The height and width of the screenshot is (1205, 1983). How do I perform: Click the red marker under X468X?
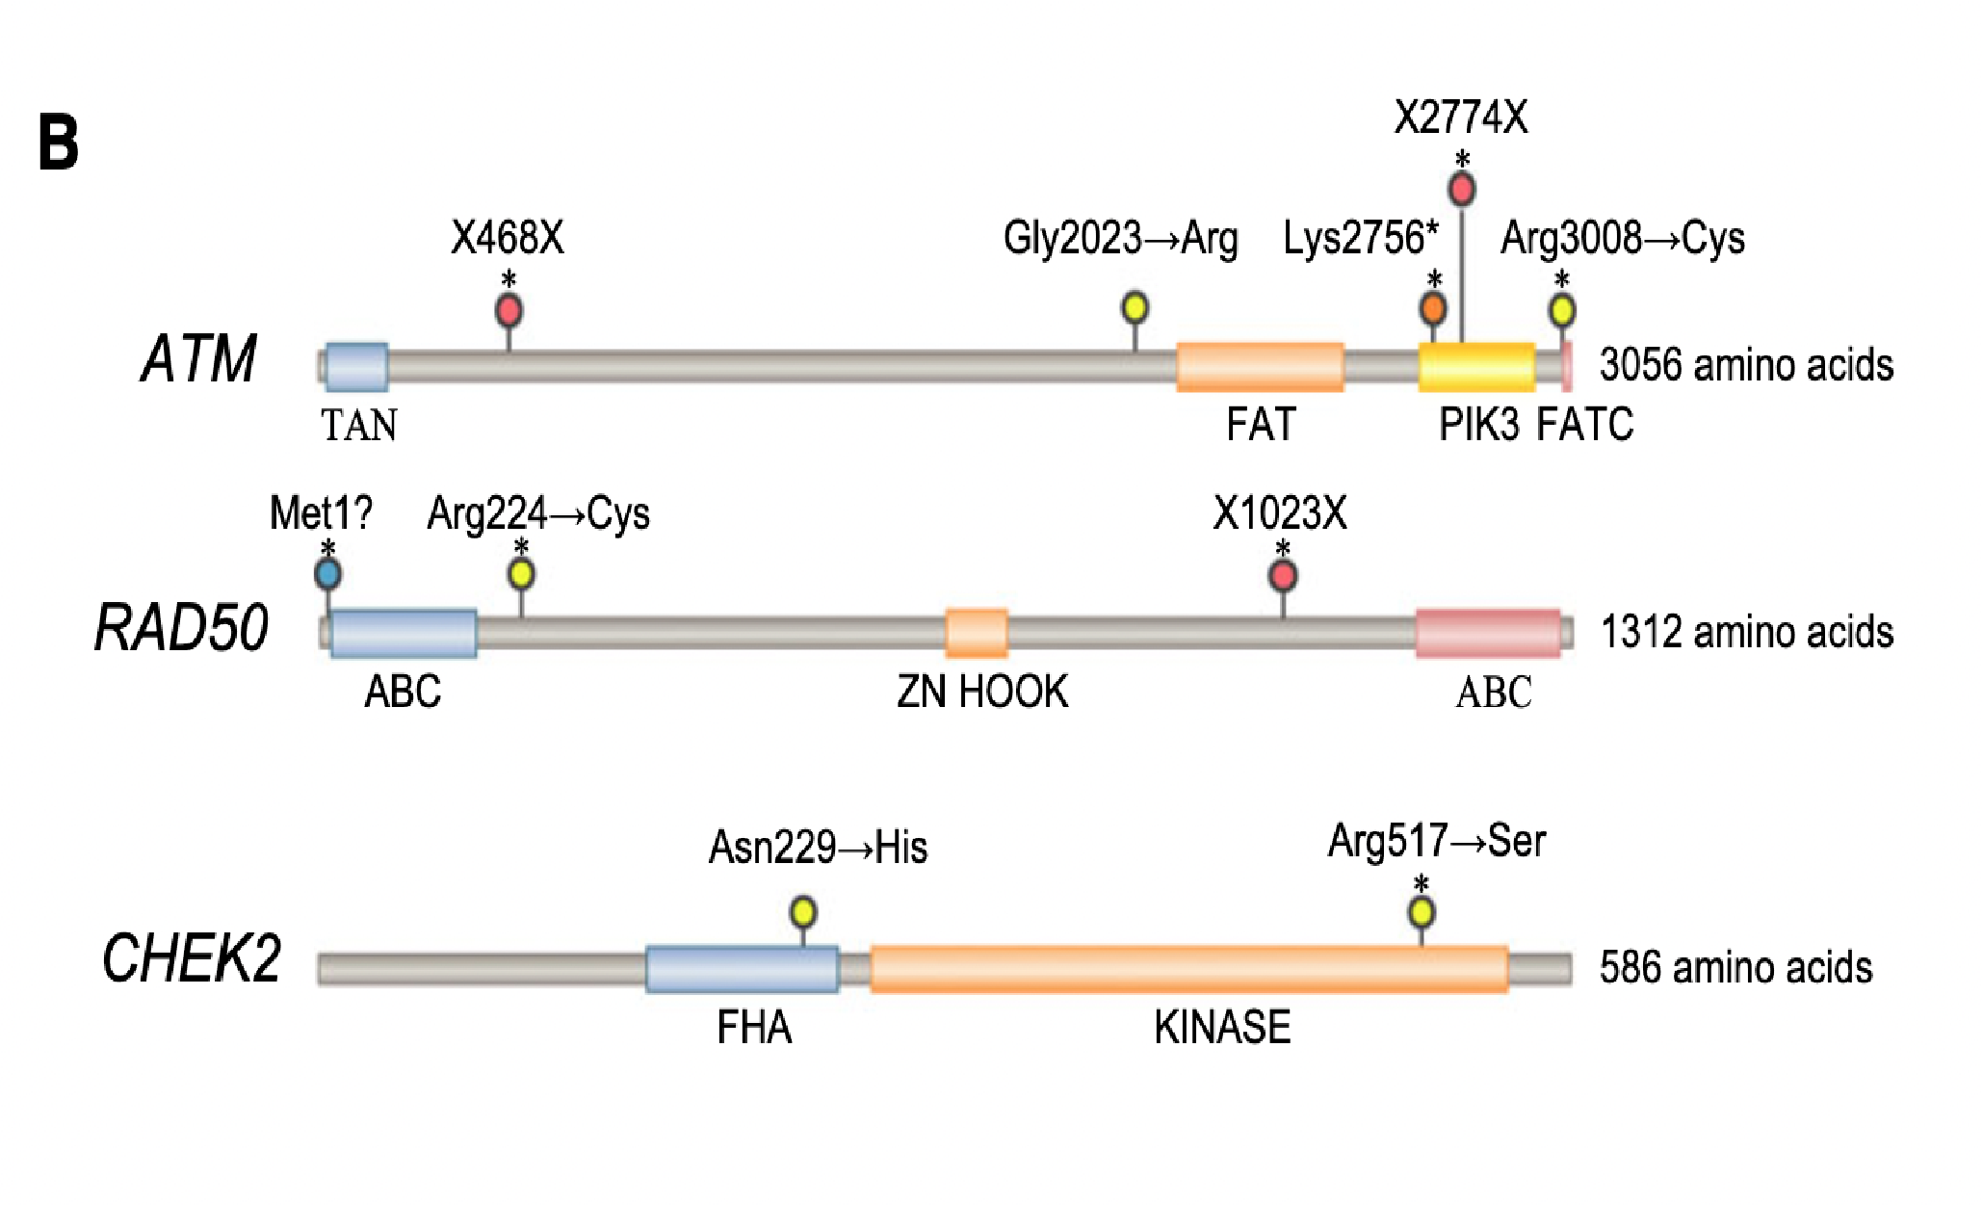tap(509, 311)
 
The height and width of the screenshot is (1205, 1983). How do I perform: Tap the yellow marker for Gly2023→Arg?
tap(1135, 307)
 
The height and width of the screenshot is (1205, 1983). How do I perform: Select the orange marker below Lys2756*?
tap(1433, 308)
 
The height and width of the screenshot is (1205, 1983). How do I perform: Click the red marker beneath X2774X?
tap(1462, 189)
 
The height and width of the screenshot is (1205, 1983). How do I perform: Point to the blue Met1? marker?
tap(327, 574)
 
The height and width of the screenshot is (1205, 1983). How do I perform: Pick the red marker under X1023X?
tap(1282, 576)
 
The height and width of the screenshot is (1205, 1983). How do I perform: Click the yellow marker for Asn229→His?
tap(803, 911)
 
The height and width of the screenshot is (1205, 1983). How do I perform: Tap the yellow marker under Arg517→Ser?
tap(1422, 911)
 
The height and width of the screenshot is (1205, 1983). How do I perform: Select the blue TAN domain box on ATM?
tap(356, 367)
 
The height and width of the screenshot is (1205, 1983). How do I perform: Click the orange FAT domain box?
tap(1260, 367)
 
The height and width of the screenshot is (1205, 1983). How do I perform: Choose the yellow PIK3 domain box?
tap(1476, 367)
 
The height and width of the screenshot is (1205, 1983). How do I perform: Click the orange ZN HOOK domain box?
tap(977, 633)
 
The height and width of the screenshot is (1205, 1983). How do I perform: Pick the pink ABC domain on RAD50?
tap(1488, 633)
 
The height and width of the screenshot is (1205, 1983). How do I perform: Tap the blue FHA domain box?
tap(742, 969)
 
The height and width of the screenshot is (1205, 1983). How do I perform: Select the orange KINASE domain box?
tap(1188, 969)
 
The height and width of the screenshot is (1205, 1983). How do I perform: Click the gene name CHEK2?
tap(191, 959)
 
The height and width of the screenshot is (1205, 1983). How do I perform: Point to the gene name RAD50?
tap(181, 628)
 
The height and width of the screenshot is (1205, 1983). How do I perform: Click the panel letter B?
tap(58, 144)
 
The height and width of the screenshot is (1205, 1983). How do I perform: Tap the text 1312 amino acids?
tap(1746, 633)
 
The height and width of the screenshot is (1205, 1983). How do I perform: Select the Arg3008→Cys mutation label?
tap(1622, 238)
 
